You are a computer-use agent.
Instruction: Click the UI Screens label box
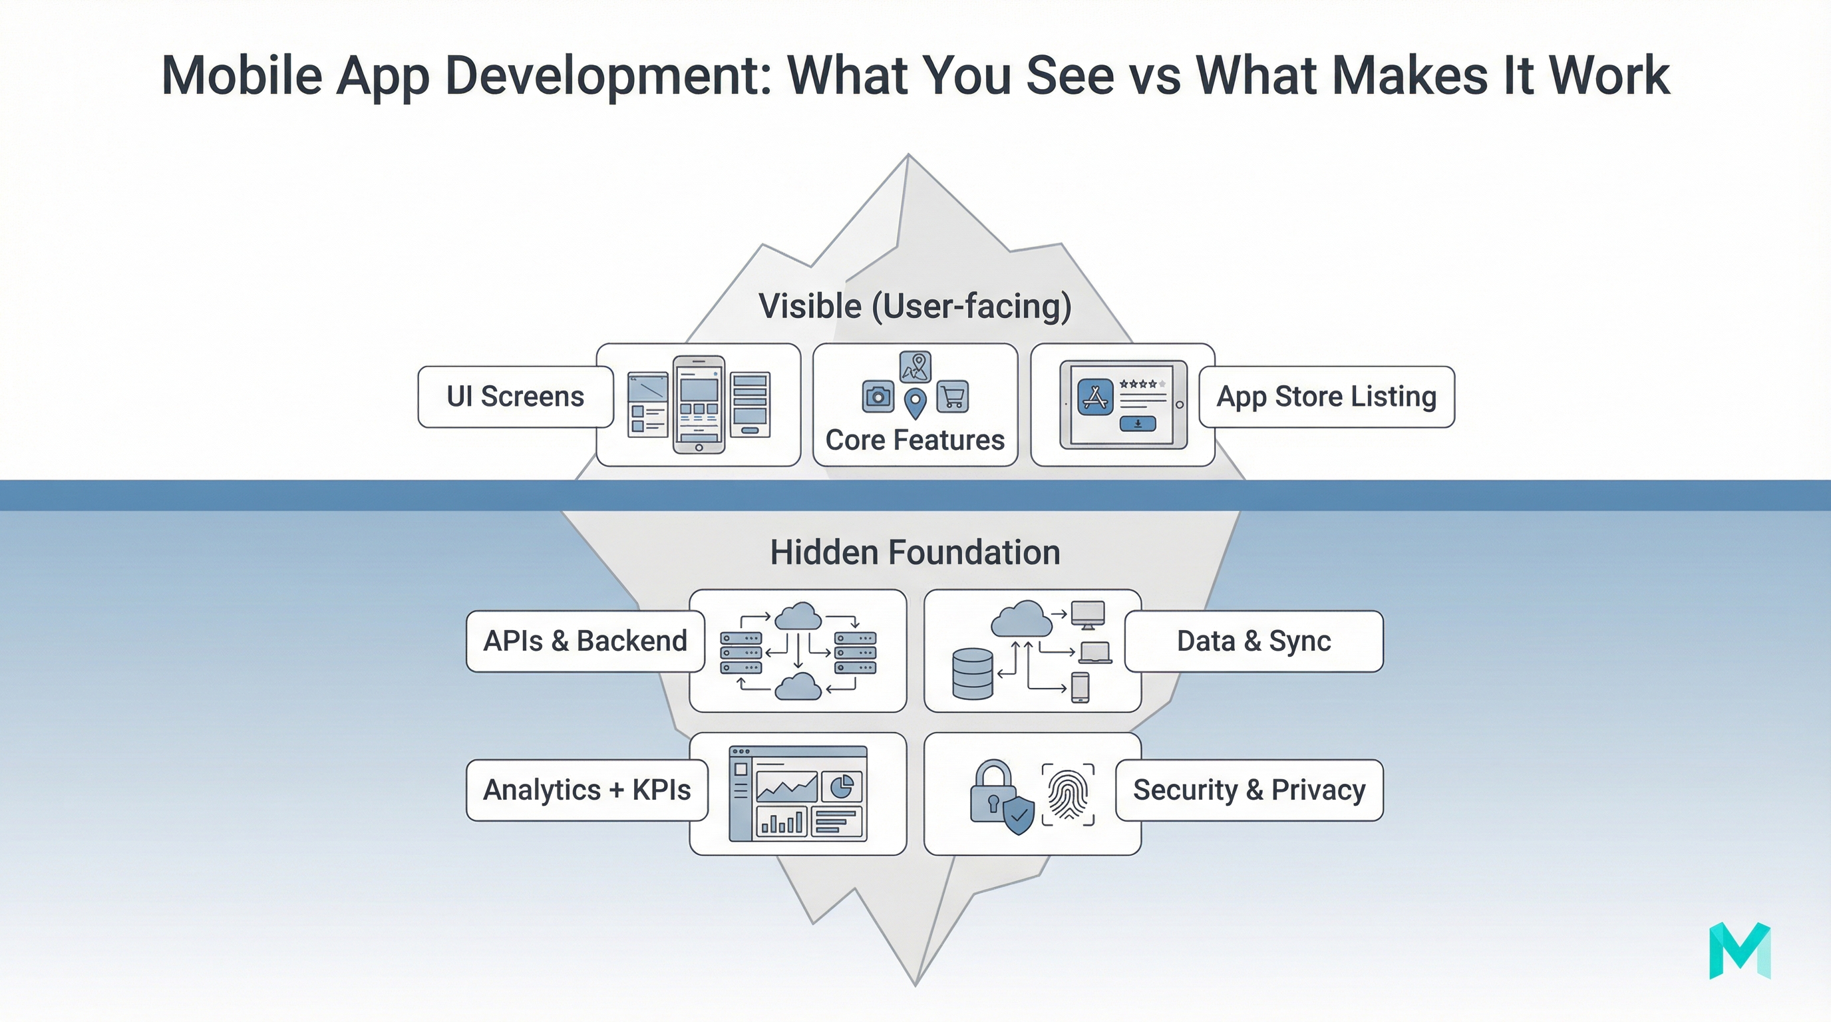tap(516, 397)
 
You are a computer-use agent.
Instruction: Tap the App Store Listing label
tap(1326, 397)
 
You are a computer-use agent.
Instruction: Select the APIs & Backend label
tap(585, 641)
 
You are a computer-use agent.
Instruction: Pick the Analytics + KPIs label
tap(586, 790)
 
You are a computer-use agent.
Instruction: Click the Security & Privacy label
tap(1249, 790)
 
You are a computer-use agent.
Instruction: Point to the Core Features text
tap(915, 440)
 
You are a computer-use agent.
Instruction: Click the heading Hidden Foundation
tap(915, 552)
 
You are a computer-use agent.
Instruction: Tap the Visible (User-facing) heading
tap(915, 306)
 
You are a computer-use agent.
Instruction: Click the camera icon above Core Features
tap(878, 397)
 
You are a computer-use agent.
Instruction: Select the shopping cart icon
tap(953, 397)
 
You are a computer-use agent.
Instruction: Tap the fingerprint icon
tap(1068, 794)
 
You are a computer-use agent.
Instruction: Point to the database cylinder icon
tap(971, 674)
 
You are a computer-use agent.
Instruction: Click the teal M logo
tap(1739, 950)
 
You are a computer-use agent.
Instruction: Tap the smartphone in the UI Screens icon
tap(699, 404)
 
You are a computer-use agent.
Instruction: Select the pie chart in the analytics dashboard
tap(842, 786)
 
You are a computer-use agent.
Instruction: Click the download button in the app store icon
tap(1137, 424)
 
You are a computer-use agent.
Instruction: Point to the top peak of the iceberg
tap(908, 156)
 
